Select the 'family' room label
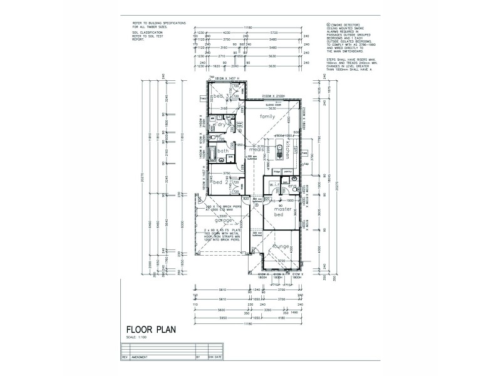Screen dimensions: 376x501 point(268,117)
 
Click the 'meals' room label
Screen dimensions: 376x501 point(255,150)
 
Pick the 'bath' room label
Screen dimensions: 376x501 point(222,151)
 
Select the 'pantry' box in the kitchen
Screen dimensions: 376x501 point(288,170)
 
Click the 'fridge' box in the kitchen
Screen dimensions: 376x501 point(277,170)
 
